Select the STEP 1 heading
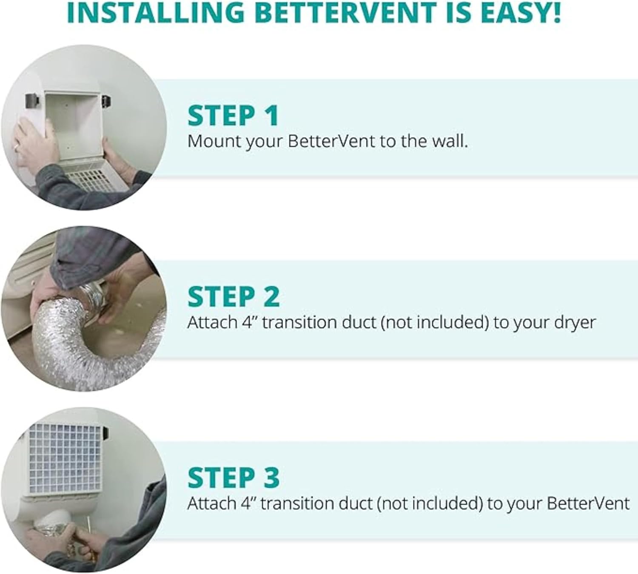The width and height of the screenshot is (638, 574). (233, 115)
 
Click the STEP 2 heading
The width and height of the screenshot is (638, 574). (233, 296)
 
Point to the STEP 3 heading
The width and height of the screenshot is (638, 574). (233, 477)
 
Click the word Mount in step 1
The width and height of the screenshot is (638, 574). (214, 141)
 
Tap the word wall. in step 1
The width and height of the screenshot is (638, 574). (450, 141)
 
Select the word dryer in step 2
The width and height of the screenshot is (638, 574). (575, 323)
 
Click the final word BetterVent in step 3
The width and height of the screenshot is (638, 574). (588, 503)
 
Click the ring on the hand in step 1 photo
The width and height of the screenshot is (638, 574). (16, 147)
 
